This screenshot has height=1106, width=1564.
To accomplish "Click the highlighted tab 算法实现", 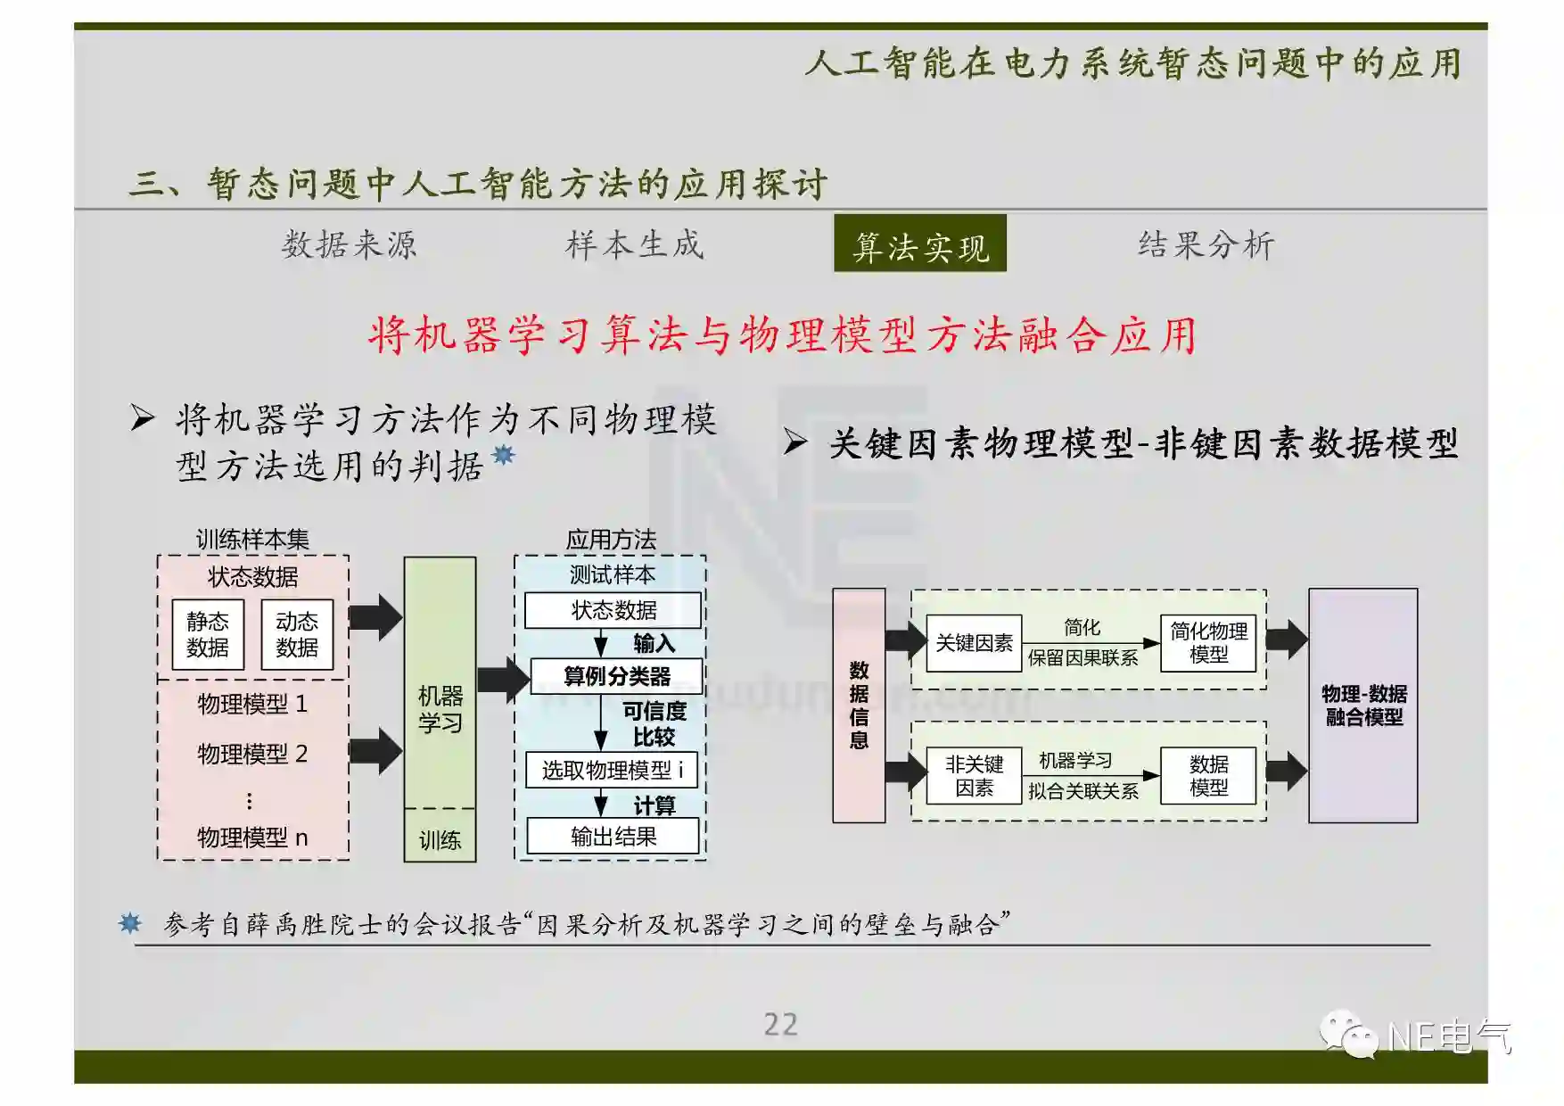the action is click(x=920, y=244).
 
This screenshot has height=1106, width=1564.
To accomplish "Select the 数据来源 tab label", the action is click(x=349, y=244).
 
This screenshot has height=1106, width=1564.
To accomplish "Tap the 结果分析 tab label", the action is click(x=1206, y=244).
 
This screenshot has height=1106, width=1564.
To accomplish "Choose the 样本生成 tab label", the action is click(x=634, y=244).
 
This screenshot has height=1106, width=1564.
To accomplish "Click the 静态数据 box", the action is click(x=208, y=634).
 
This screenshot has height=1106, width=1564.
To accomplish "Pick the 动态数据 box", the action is click(x=297, y=634).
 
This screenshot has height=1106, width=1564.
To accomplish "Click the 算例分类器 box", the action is click(x=616, y=676).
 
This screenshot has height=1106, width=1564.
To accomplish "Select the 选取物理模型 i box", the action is click(x=612, y=769).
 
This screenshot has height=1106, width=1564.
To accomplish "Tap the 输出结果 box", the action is click(x=613, y=837).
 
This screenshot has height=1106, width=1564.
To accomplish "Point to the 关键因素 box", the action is click(x=974, y=643).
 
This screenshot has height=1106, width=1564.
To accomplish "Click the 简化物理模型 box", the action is click(x=1208, y=643).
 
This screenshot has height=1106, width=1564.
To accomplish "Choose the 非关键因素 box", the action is click(x=974, y=775).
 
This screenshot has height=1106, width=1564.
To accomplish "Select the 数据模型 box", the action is click(x=1208, y=775).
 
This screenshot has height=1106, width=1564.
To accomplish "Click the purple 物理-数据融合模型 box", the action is click(x=1362, y=705).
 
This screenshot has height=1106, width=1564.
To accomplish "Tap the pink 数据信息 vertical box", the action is click(x=859, y=705).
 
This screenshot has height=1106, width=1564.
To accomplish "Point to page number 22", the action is click(x=780, y=1024).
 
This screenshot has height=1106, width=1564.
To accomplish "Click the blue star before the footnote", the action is click(x=130, y=923).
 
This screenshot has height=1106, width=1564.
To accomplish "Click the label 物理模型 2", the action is click(x=252, y=754).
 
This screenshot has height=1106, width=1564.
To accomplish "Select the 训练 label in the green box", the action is click(x=440, y=839).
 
